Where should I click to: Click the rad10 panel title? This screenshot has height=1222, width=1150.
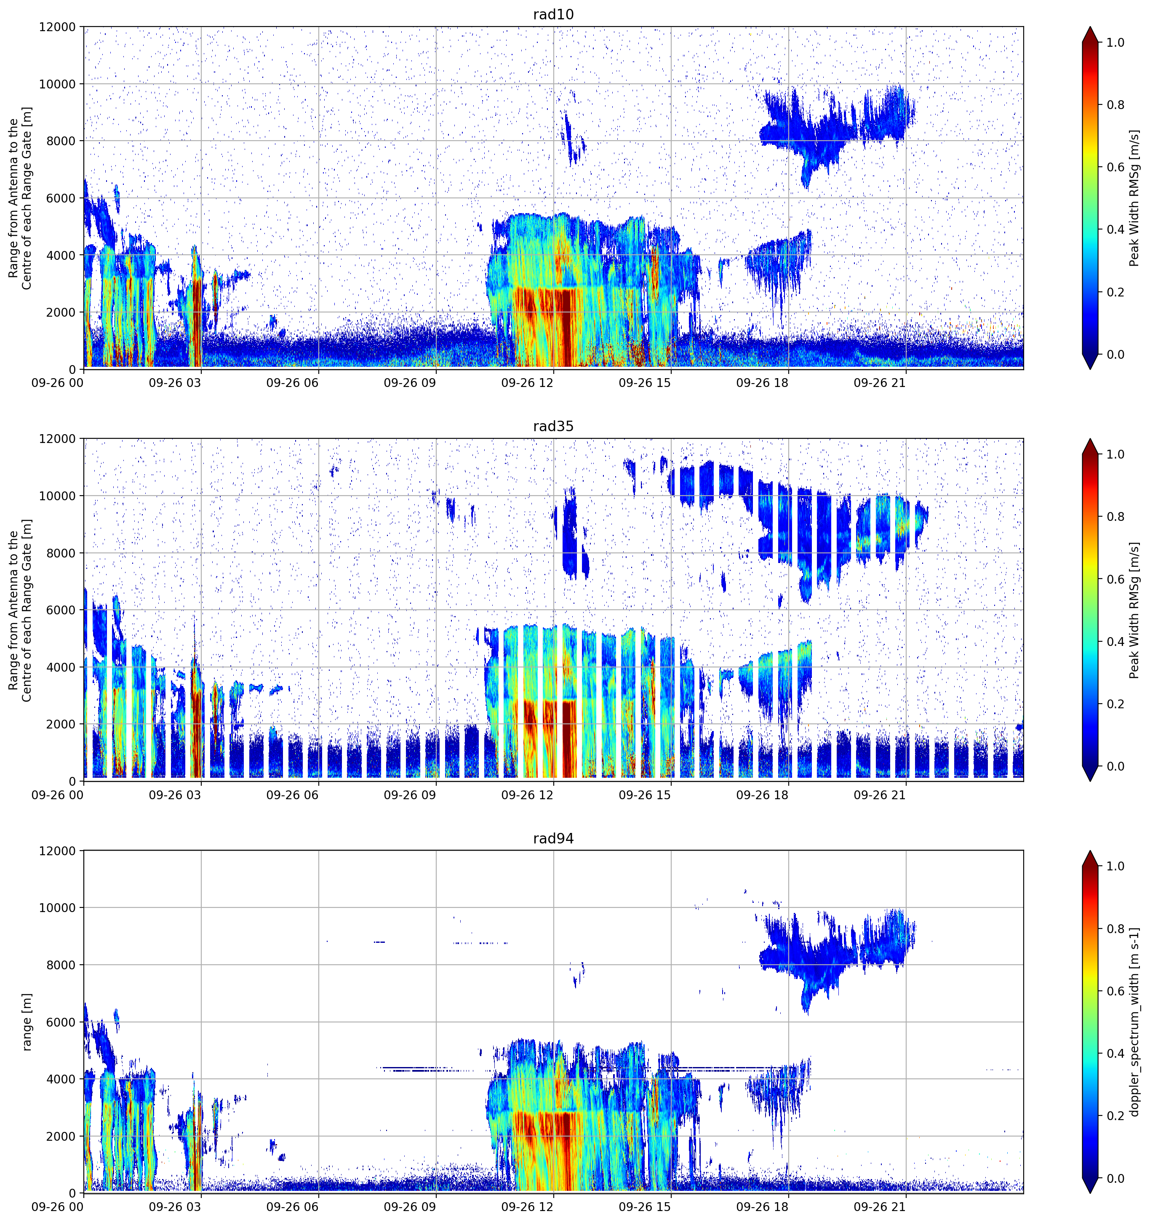click(553, 14)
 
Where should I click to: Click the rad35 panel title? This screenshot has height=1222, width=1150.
click(553, 426)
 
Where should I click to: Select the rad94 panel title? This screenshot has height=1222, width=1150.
click(553, 838)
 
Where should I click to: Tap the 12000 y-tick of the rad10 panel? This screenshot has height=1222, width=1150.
click(57, 27)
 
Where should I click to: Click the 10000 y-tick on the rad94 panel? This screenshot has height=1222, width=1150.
click(57, 908)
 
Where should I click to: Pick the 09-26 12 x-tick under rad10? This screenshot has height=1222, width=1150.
click(527, 383)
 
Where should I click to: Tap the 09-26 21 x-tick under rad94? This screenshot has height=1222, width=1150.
click(880, 1207)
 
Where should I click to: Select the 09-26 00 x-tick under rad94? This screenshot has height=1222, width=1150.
click(58, 1207)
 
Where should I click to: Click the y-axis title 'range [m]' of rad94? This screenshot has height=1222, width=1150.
click(27, 1022)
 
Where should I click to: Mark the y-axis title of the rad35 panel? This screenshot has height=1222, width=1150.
click(20, 611)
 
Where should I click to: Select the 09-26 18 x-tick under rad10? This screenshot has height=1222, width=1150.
click(762, 383)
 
